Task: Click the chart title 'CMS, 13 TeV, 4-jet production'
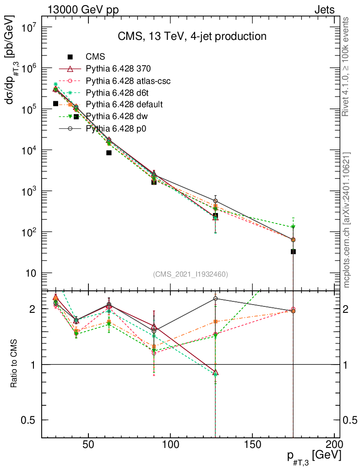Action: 191,36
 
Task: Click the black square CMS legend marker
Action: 70,57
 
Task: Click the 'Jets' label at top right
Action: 324,10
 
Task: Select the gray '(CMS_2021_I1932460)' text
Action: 191,274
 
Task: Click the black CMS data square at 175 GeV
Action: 293,251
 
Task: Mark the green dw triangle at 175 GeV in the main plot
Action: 293,227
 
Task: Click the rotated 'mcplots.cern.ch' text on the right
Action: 347,220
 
